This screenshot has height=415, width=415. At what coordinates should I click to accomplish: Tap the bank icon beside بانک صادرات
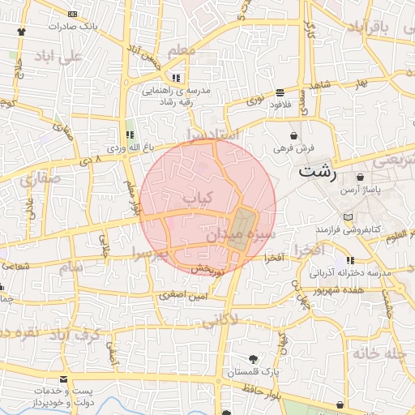74,14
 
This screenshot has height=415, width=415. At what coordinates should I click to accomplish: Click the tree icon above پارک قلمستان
255,358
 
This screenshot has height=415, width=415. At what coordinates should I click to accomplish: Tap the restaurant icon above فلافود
280,92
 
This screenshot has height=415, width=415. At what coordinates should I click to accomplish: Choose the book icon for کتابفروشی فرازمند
349,218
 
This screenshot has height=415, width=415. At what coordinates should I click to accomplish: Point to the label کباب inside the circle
197,197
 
